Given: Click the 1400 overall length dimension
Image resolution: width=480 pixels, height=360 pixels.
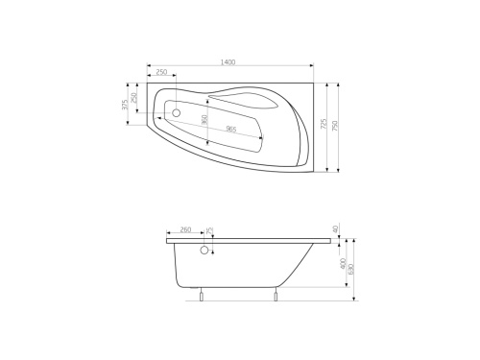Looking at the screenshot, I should pyautogui.click(x=228, y=63).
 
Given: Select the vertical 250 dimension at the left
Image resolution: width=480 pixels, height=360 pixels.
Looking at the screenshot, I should pyautogui.click(x=134, y=99).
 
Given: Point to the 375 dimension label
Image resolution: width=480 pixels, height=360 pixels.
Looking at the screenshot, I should pyautogui.click(x=125, y=105).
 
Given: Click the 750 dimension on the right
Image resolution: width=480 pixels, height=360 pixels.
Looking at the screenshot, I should pyautogui.click(x=336, y=126).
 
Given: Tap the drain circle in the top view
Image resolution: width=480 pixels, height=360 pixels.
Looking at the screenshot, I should pyautogui.click(x=176, y=112).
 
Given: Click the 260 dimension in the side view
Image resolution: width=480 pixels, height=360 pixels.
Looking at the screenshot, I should pyautogui.click(x=185, y=230).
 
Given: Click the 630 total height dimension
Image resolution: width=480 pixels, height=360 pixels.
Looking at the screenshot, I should pyautogui.click(x=352, y=268).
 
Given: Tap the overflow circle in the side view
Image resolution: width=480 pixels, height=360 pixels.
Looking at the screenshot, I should pyautogui.click(x=204, y=253).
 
